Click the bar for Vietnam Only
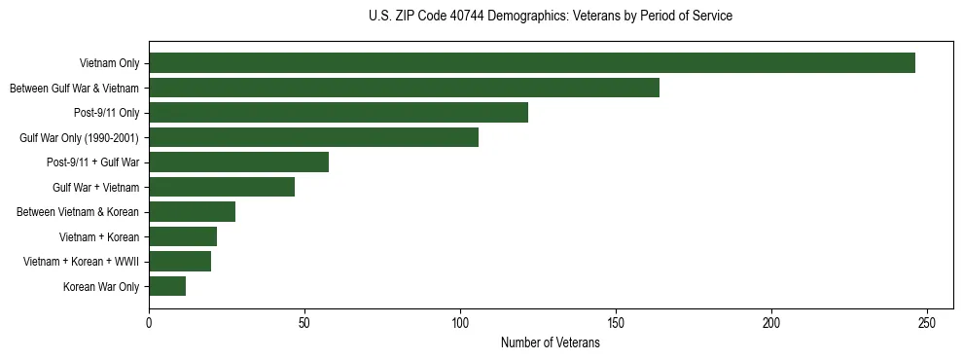coord(532,63)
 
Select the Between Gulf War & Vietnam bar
coord(404,88)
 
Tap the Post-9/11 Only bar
coord(339,113)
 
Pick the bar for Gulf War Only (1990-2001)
coord(313,137)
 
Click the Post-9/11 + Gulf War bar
coord(238,162)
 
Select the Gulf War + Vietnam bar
coord(222,187)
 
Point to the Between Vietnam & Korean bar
coord(192,212)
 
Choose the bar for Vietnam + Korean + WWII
coord(180,262)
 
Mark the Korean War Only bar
coord(167,286)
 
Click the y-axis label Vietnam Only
coord(109,64)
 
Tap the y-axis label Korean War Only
coord(101,287)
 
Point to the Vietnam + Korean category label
coord(100,237)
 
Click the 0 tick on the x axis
coord(149,322)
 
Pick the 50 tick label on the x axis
coord(304,322)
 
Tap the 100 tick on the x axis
coord(460,322)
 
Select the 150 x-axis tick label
coord(616,322)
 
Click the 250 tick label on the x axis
coord(927,322)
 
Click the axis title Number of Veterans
coord(550,343)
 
